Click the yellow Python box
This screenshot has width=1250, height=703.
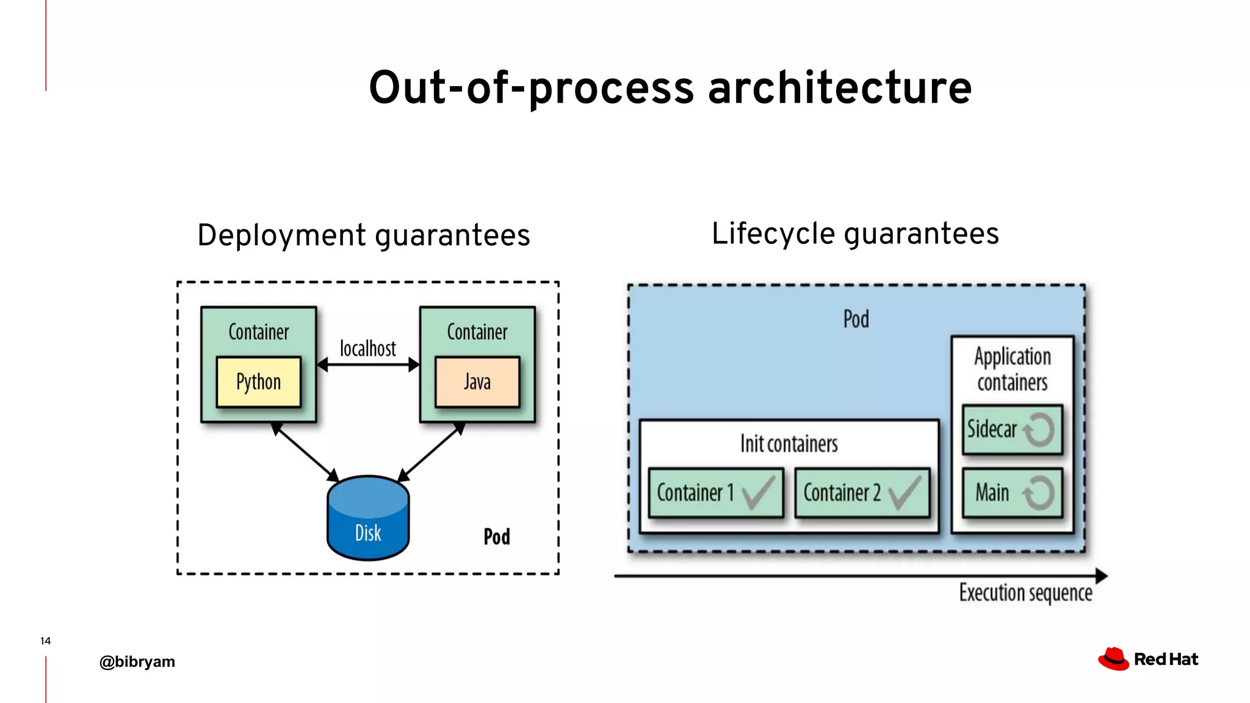tap(259, 382)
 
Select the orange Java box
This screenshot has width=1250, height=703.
tap(477, 382)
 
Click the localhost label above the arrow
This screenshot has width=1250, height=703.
tap(368, 348)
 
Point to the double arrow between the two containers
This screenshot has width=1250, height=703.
tap(368, 365)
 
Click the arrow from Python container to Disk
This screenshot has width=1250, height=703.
tap(305, 452)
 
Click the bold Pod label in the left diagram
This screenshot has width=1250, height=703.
tap(497, 537)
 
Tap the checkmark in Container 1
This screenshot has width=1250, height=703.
tap(758, 492)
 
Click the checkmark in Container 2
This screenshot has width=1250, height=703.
tap(905, 492)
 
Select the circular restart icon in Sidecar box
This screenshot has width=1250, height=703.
tap(1039, 430)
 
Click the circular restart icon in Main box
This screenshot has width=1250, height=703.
tap(1039, 492)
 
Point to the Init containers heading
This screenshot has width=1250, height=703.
tap(789, 444)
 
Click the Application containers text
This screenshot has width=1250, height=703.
tap(1012, 369)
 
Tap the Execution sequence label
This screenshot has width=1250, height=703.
tap(1025, 593)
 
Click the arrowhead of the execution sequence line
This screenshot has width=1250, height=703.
tap(1101, 575)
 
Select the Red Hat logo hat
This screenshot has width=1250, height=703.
tap(1113, 659)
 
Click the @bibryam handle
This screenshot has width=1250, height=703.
tap(137, 662)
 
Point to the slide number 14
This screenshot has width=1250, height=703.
tap(45, 641)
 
